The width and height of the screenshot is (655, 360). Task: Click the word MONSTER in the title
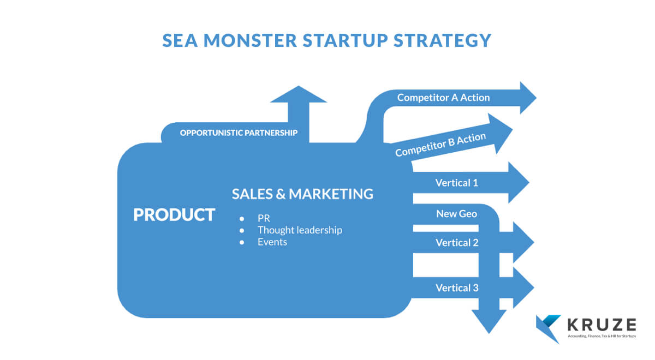tap(250, 40)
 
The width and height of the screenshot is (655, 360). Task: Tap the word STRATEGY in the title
tap(442, 40)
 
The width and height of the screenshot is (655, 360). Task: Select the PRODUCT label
tap(174, 215)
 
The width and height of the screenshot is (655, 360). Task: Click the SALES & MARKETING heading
tap(302, 194)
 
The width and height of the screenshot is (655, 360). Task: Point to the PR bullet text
tap(264, 218)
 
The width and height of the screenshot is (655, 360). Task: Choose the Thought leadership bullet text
tap(300, 230)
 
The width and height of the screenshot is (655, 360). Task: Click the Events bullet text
tap(272, 242)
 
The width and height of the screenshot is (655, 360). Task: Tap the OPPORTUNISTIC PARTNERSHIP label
tap(239, 133)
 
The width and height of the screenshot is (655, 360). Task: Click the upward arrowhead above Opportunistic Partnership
tap(299, 94)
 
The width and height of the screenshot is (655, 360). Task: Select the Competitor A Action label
tap(443, 98)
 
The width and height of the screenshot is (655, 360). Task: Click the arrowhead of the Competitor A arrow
tap(528, 98)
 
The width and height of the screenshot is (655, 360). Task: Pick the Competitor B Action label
tap(440, 145)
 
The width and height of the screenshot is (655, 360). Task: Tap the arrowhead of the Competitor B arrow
tap(500, 133)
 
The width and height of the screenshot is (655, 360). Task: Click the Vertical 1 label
tap(457, 183)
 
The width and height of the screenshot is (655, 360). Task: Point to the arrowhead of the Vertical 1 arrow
tap(519, 182)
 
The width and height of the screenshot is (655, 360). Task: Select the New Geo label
tap(457, 214)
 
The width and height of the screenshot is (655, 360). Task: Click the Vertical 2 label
tap(457, 243)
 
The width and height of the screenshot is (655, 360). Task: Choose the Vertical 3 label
tap(457, 288)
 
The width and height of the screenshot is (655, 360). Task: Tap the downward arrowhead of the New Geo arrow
tap(489, 321)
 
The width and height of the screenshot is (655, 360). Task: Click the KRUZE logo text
tap(602, 325)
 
